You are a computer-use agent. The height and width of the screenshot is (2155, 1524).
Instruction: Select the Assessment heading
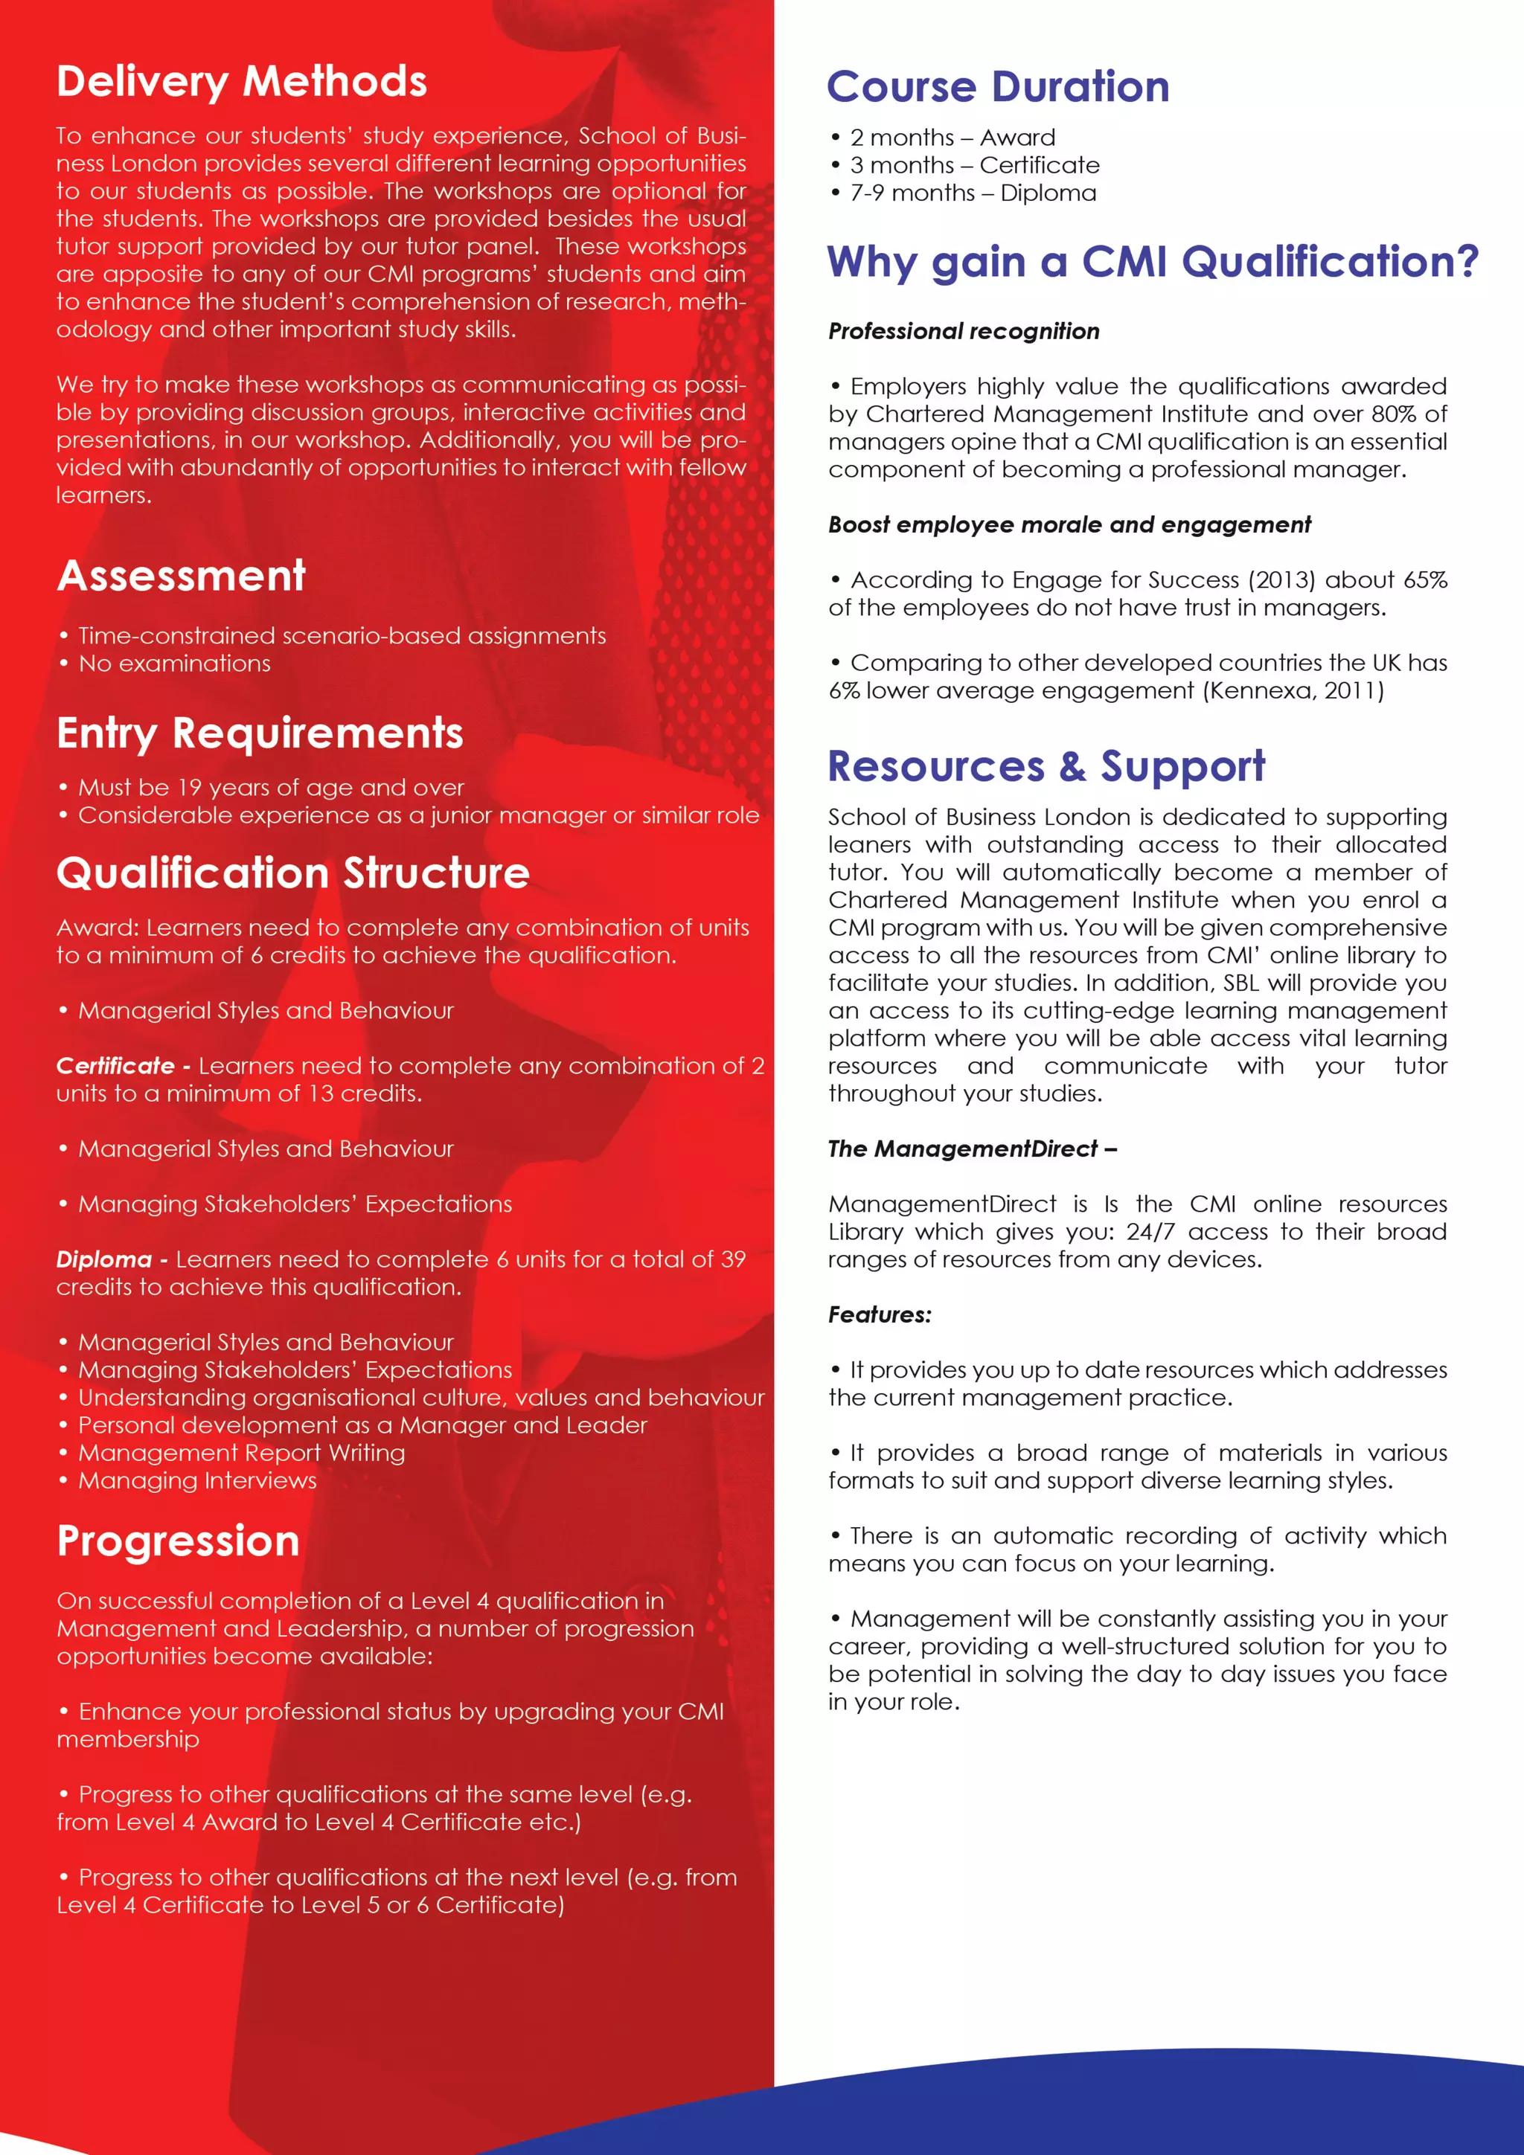click(182, 577)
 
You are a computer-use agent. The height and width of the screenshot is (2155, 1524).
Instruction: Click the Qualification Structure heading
click(293, 873)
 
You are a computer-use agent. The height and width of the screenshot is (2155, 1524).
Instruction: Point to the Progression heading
click(179, 1541)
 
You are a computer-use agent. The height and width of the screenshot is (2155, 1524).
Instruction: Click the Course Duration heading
click(997, 87)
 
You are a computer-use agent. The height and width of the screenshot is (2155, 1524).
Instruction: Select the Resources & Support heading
click(1046, 766)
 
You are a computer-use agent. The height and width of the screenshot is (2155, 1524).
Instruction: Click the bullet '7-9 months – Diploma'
click(972, 193)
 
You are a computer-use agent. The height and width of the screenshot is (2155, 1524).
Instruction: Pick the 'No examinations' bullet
click(173, 664)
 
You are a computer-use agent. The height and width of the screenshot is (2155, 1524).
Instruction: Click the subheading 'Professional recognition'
click(964, 331)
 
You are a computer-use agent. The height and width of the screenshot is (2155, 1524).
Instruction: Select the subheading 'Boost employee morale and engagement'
click(1069, 524)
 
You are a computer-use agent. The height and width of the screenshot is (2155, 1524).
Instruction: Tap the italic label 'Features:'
click(879, 1315)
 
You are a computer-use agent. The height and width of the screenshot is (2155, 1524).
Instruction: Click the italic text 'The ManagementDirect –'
click(971, 1149)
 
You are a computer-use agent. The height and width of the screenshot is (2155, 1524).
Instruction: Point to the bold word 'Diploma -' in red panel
click(111, 1259)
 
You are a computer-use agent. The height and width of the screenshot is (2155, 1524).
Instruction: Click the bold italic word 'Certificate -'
click(123, 1066)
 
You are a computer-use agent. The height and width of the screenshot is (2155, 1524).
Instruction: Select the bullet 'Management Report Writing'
click(241, 1453)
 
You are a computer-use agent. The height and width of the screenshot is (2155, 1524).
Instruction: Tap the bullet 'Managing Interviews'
click(197, 1481)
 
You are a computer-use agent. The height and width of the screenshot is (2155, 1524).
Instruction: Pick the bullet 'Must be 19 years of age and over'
click(270, 788)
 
